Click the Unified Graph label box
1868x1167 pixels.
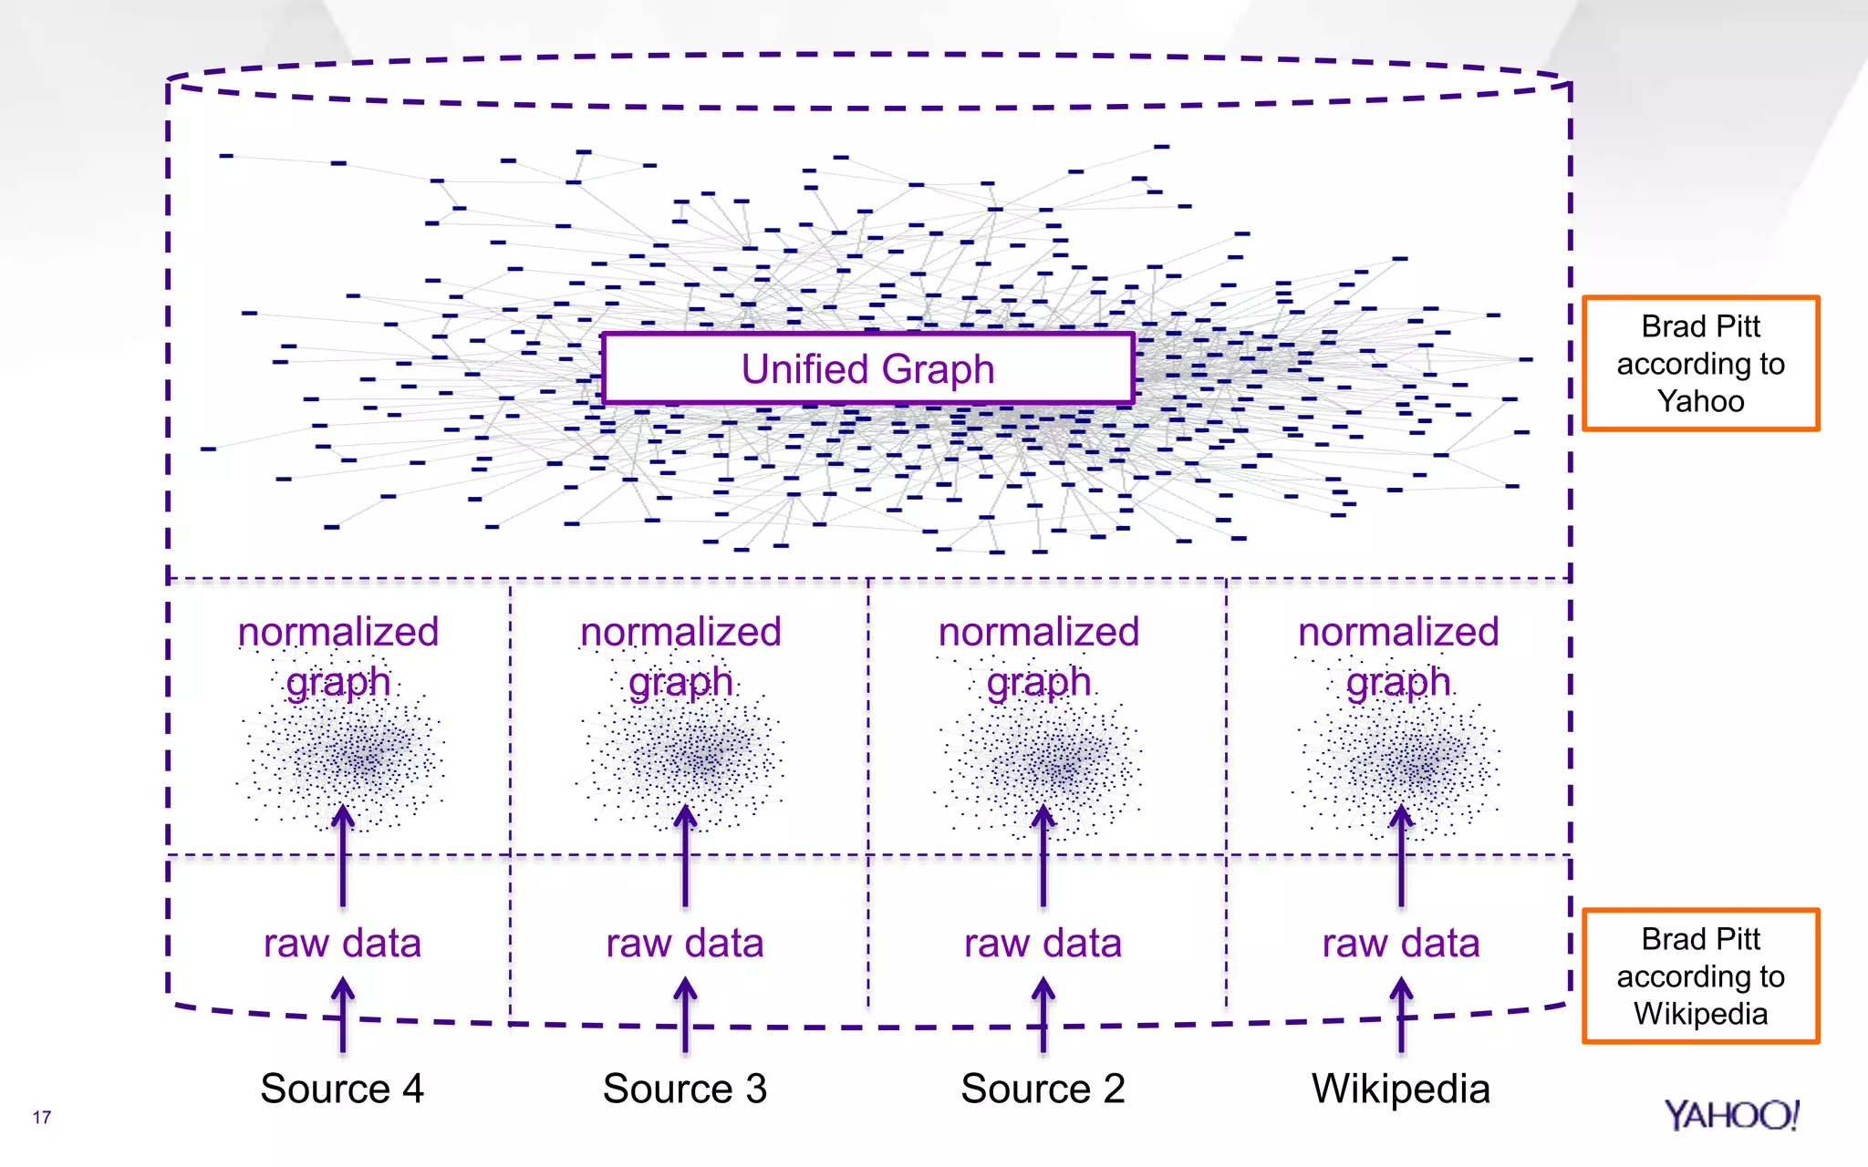click(x=867, y=368)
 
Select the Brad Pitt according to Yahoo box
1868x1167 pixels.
click(x=1700, y=363)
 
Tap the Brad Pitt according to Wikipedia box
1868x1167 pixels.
click(x=1700, y=976)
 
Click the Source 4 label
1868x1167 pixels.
click(x=342, y=1089)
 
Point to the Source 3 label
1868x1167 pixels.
click(x=685, y=1089)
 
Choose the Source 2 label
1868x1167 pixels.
click(x=1043, y=1089)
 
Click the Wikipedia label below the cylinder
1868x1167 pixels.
click(x=1401, y=1089)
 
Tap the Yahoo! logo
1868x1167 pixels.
click(x=1730, y=1115)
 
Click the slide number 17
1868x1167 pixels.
click(x=42, y=1117)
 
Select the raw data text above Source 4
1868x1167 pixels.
click(x=342, y=944)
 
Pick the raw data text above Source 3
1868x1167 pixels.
click(x=685, y=944)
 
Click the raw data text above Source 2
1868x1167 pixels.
click(x=1043, y=944)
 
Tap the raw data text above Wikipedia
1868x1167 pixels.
click(x=1401, y=944)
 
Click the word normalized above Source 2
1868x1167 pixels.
click(x=1039, y=632)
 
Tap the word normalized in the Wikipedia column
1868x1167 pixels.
click(x=1398, y=632)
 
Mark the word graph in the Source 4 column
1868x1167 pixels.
click(x=338, y=682)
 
